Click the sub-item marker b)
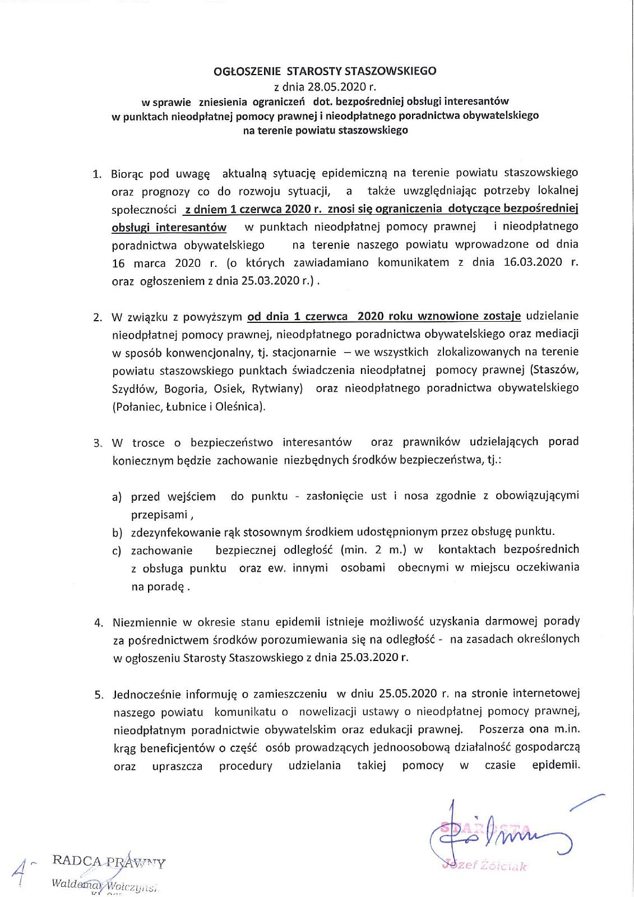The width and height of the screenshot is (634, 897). click(117, 533)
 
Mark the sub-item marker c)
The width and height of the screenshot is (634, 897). click(117, 551)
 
